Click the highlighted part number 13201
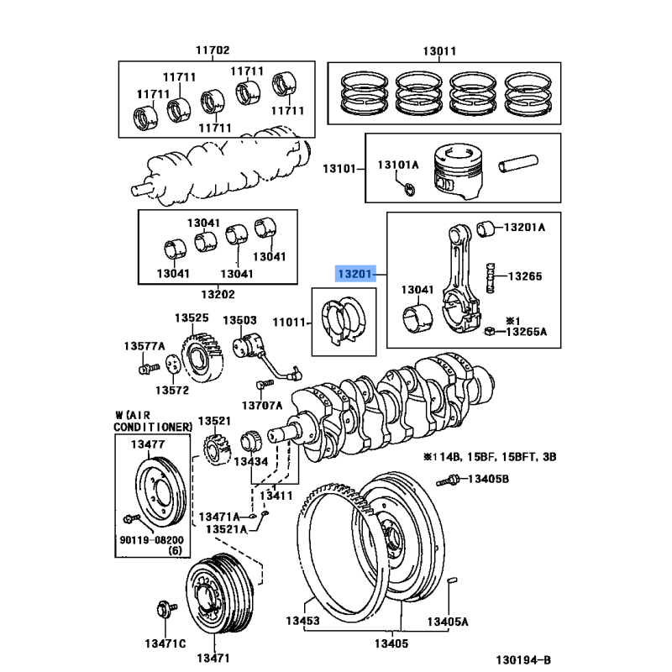coord(353,275)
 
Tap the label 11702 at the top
coord(213,50)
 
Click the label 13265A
coord(527,333)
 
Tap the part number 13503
coord(239,320)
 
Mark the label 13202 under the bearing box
coord(218,295)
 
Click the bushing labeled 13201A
coord(484,228)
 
